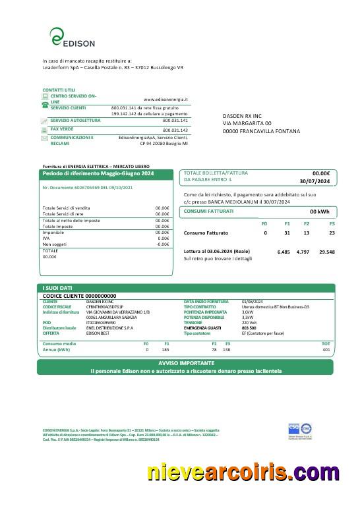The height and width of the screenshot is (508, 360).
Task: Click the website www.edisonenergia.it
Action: tap(165, 99)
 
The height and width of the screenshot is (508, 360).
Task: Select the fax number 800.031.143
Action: tap(175, 130)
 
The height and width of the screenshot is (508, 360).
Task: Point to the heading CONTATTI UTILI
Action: tap(59, 90)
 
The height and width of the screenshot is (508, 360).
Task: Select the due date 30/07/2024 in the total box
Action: tap(313, 180)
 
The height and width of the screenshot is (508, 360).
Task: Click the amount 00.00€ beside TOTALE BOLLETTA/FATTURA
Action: tap(320, 173)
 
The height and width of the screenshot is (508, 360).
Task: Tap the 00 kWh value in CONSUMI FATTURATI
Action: tap(319, 212)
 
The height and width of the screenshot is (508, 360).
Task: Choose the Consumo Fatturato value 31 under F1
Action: tap(287, 233)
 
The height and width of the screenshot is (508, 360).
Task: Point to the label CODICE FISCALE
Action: tap(57, 306)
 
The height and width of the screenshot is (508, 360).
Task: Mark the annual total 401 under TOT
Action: tap(326, 349)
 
